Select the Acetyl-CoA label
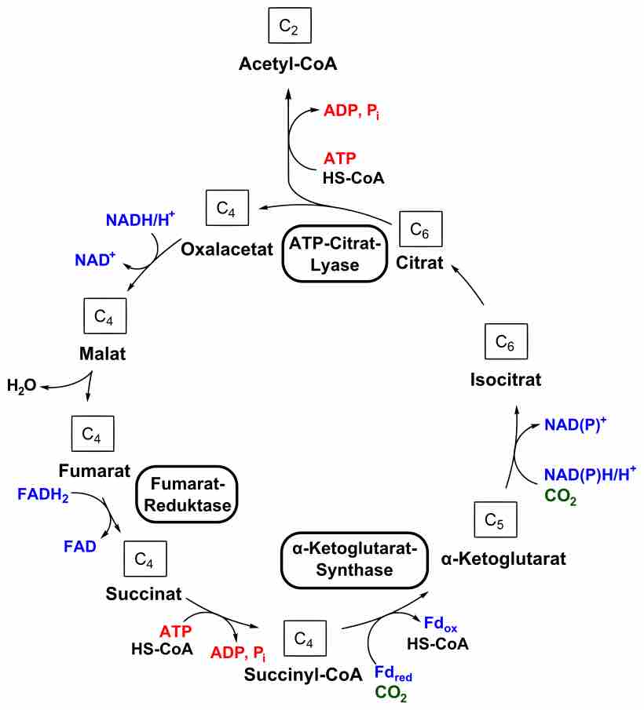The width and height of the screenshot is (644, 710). click(x=288, y=65)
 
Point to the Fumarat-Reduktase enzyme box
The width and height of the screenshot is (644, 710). click(x=187, y=493)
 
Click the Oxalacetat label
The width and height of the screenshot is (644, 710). click(x=227, y=249)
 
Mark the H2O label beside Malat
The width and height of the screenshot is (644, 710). click(x=22, y=385)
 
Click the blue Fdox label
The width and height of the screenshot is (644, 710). click(x=441, y=624)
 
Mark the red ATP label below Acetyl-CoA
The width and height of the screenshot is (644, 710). click(x=340, y=158)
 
